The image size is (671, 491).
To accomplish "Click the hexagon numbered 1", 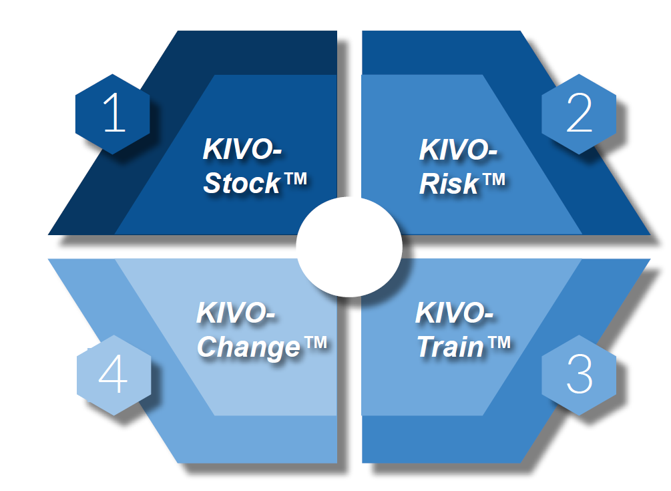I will pyautogui.click(x=112, y=114).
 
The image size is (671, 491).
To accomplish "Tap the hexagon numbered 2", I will pyautogui.click(x=578, y=114).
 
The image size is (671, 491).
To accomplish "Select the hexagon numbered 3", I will pyautogui.click(x=578, y=375).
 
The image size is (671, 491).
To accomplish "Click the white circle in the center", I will pyautogui.click(x=349, y=247).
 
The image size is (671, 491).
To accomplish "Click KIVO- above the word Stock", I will pyautogui.click(x=242, y=150).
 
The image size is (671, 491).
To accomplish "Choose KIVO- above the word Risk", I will pyautogui.click(x=458, y=150).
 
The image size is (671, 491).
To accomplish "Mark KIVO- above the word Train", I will pyautogui.click(x=454, y=313).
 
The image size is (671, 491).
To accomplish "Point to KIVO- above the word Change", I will pyautogui.click(x=236, y=313).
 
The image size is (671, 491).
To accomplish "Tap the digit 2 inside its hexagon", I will pyautogui.click(x=578, y=113).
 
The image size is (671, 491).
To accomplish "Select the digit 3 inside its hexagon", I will pyautogui.click(x=579, y=375).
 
